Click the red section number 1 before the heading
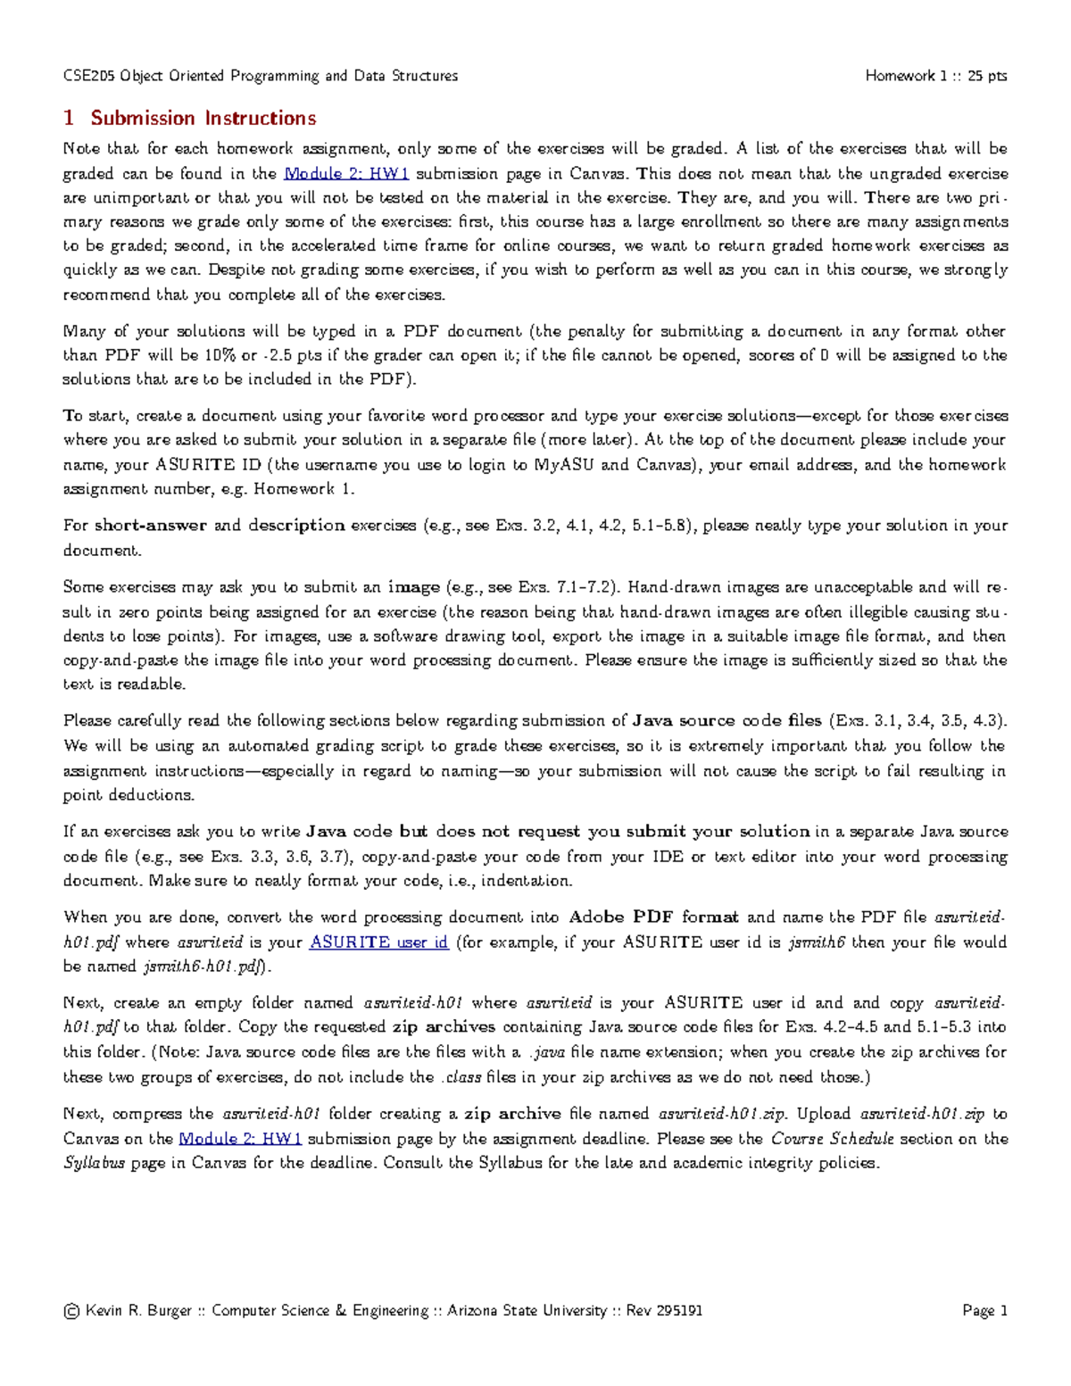[69, 118]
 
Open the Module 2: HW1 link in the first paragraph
[346, 173]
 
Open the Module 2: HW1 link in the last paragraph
[240, 1138]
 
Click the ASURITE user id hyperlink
[378, 942]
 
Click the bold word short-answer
[150, 526]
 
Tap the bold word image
[413, 587]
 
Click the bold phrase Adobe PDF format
[653, 917]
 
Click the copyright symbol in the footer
[71, 1311]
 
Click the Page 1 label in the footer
[984, 1311]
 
